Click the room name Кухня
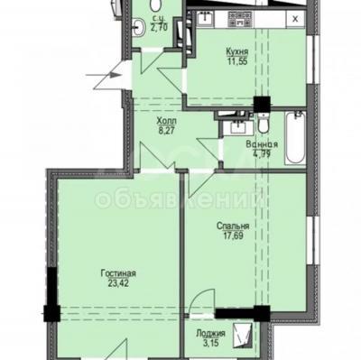click(238, 51)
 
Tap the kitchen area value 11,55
click(238, 63)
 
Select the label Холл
click(166, 120)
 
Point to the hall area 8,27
click(166, 131)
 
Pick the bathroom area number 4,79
click(261, 154)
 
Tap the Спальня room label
click(233, 228)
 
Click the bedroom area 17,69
click(233, 239)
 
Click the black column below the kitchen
click(259, 102)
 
